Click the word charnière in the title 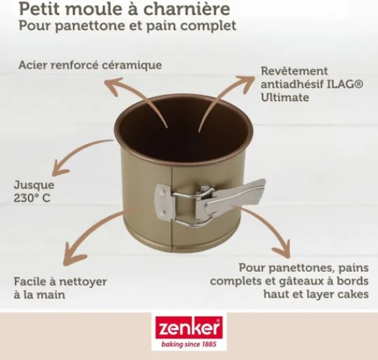pos(186,9)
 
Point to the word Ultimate pos(285,98)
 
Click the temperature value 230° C pos(32,198)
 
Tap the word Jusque pos(34,185)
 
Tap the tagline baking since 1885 pos(189,344)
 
